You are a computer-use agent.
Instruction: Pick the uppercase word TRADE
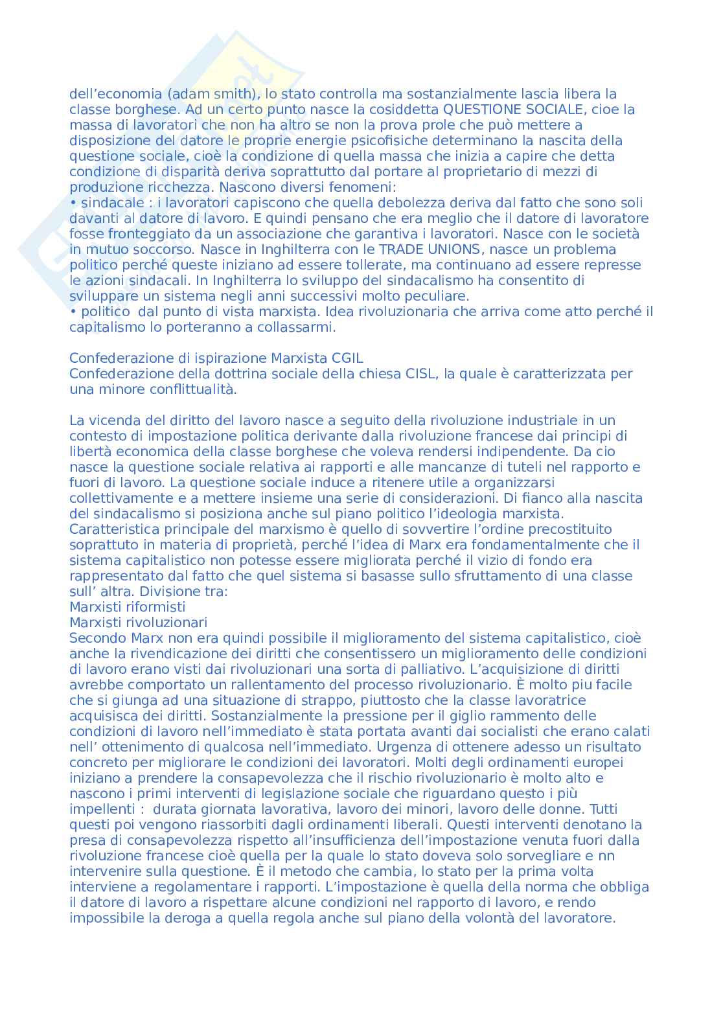pyautogui.click(x=401, y=250)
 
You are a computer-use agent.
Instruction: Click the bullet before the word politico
pyautogui.click(x=73, y=312)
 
